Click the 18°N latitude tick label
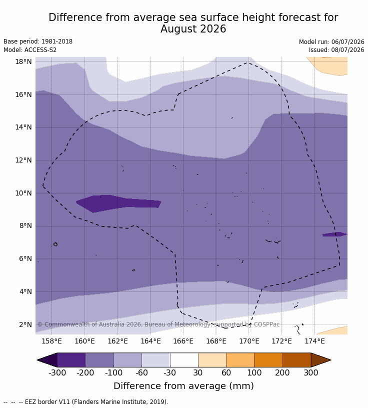[x=23, y=61]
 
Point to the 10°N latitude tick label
[x=23, y=193]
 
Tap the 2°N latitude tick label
[x=25, y=324]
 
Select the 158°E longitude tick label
[x=52, y=341]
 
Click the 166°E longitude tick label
[x=183, y=341]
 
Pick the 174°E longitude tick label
[x=314, y=341]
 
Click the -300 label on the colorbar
[x=57, y=372]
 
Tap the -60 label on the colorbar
[x=141, y=372]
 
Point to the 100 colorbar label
[x=254, y=372]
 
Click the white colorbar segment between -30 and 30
[x=184, y=360]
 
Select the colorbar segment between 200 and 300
[x=296, y=360]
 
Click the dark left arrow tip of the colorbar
[x=37, y=360]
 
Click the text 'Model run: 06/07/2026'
[x=331, y=42]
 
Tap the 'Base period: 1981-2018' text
[x=38, y=41]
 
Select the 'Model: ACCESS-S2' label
[x=30, y=49]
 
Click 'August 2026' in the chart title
[x=193, y=28]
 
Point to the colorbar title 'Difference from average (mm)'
[x=183, y=385]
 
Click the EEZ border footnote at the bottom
[x=86, y=402]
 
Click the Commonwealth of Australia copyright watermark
[x=158, y=324]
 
